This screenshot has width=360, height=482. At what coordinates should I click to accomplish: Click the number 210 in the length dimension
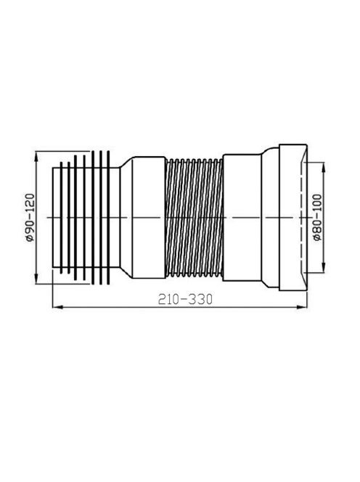tap(168, 299)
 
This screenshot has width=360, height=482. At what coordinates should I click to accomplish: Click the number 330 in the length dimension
tap(200, 299)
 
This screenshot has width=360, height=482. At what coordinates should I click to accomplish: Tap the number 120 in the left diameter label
tap(30, 204)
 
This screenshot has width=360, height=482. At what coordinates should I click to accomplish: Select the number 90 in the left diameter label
tap(30, 226)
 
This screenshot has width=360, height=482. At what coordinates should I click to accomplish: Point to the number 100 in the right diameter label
tap(317, 205)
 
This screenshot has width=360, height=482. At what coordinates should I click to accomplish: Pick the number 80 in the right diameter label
tap(317, 226)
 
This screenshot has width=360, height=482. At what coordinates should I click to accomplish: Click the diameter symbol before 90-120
tap(30, 237)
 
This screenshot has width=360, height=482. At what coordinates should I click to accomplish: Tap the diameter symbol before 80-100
tap(317, 237)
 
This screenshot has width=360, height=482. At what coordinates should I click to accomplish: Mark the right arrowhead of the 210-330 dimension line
tap(302, 307)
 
